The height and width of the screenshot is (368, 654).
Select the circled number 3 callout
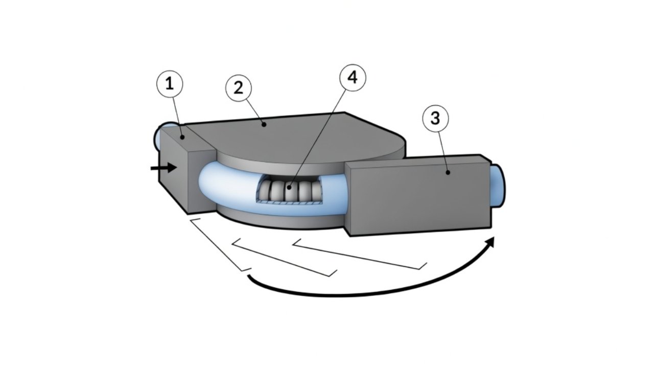click(x=435, y=119)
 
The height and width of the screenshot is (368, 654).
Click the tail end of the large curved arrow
click(x=249, y=277)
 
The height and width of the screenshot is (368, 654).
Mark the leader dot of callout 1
click(x=182, y=137)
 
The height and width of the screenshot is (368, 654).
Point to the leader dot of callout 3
click(x=448, y=172)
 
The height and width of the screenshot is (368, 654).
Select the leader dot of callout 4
click(x=290, y=188)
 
